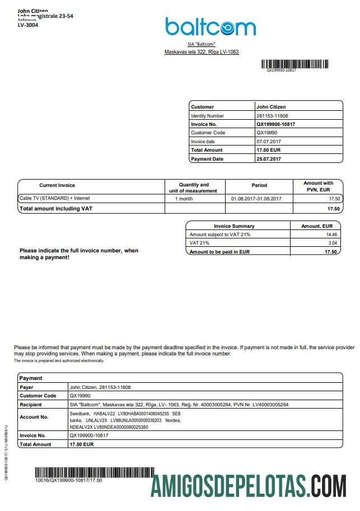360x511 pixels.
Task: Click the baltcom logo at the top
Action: coord(210,27)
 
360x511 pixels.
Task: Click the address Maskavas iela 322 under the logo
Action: coord(202,52)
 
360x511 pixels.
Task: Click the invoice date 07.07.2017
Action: coord(268,142)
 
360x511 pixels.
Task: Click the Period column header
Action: coord(259,185)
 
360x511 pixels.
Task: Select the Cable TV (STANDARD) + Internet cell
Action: coord(54,198)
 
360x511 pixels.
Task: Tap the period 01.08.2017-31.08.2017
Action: coord(256,199)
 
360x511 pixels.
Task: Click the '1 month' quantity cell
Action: coord(184,199)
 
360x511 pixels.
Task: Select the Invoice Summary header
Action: coord(234,226)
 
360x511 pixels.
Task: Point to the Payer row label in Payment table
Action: coord(26,387)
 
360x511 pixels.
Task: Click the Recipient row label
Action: coord(31,405)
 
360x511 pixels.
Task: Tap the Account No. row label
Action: coord(34,417)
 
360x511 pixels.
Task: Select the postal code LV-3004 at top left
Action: coord(28,25)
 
